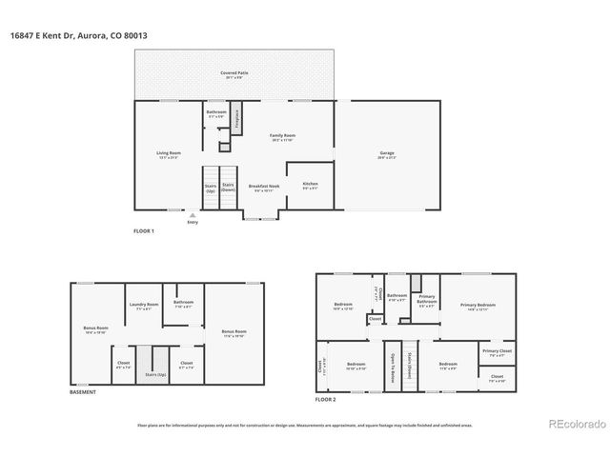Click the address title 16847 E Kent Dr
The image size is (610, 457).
pyautogui.click(x=80, y=35)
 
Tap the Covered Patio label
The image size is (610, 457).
pyautogui.click(x=233, y=71)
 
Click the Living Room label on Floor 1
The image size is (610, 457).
pyautogui.click(x=169, y=154)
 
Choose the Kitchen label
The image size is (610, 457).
pyautogui.click(x=310, y=184)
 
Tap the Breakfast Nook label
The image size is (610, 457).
pyautogui.click(x=264, y=188)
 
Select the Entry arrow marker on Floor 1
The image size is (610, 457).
pyautogui.click(x=193, y=216)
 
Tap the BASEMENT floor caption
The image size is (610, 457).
pyautogui.click(x=82, y=392)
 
